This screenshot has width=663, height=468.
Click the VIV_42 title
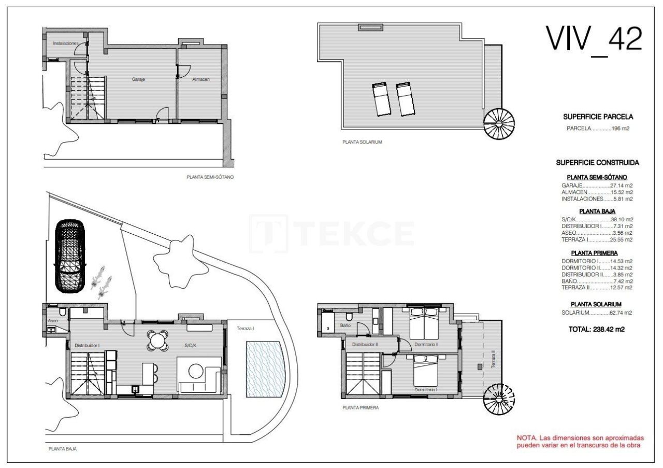[594, 38]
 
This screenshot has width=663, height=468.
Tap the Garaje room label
[138, 80]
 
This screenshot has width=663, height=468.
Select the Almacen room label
[200, 80]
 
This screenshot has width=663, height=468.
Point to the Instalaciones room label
[65, 43]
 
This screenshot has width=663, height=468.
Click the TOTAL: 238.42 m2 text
[597, 329]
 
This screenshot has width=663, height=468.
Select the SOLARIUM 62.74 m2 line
[597, 313]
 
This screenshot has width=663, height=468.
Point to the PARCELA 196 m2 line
[598, 129]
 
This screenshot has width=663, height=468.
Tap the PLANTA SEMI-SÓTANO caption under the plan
[210, 177]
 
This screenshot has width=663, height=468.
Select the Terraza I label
[246, 329]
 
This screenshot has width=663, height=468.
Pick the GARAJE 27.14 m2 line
[597, 185]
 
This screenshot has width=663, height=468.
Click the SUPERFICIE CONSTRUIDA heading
[597, 162]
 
